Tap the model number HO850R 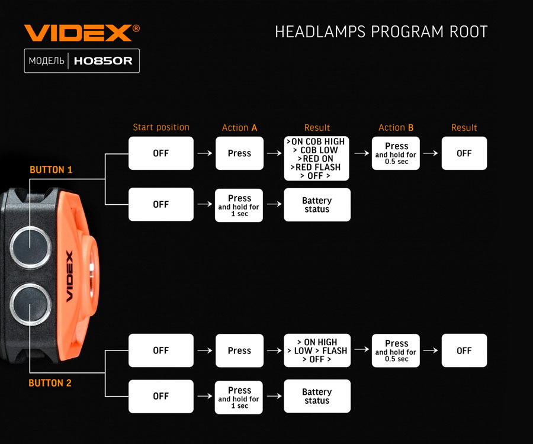click(x=103, y=61)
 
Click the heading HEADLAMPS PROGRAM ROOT click(x=381, y=32)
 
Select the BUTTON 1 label click(x=51, y=170)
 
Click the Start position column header click(x=161, y=127)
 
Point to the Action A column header click(x=239, y=128)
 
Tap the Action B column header click(x=396, y=128)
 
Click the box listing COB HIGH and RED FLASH click(x=317, y=159)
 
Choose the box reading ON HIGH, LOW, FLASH click(x=317, y=350)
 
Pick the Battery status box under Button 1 click(x=317, y=205)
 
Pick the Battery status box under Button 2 click(x=317, y=396)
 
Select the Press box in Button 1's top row click(x=239, y=153)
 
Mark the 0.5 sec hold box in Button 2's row click(x=396, y=350)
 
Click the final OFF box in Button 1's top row click(x=464, y=153)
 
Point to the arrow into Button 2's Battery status click(x=274, y=396)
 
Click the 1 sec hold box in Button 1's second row click(x=239, y=205)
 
